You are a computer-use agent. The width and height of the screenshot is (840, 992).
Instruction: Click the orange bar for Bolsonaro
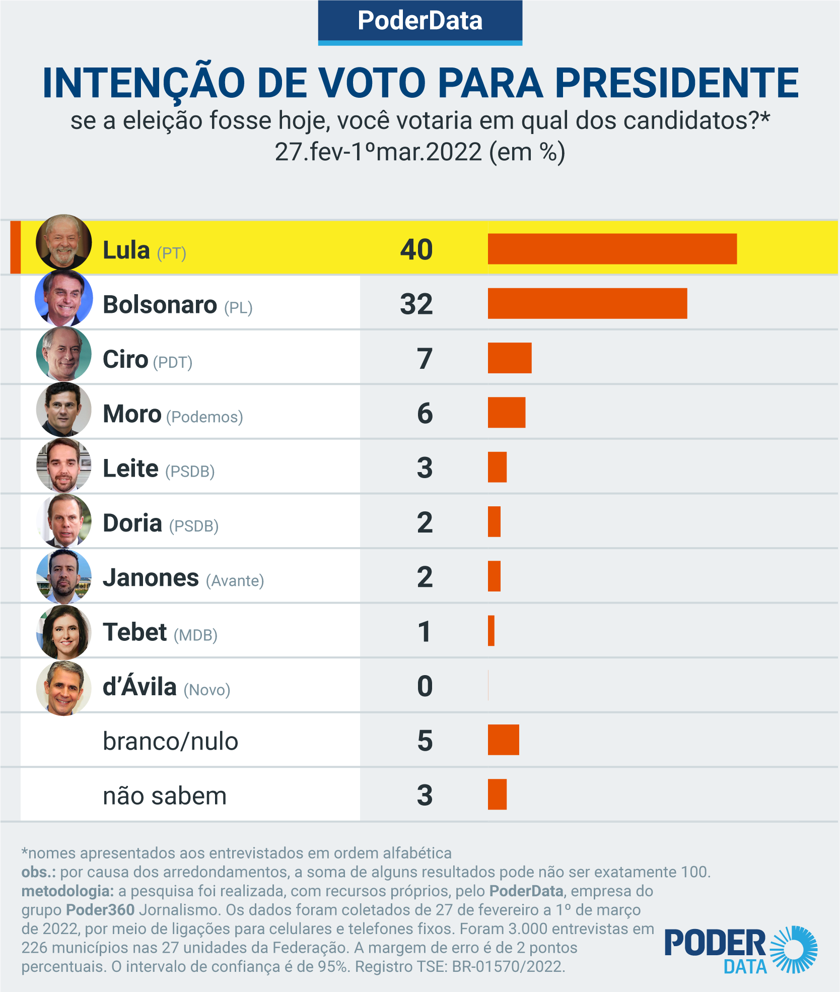[587, 303]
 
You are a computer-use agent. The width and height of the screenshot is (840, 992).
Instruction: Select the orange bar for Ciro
[510, 358]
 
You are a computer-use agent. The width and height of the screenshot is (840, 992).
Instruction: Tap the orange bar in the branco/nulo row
[503, 740]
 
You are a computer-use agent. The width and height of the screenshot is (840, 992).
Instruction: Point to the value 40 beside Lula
[416, 249]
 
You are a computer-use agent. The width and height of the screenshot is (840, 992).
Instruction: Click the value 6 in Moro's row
[425, 413]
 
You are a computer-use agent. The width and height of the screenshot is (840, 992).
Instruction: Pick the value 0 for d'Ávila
[425, 686]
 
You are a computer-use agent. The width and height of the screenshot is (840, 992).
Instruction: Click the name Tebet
[134, 632]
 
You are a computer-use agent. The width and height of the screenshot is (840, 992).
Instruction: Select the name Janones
[151, 577]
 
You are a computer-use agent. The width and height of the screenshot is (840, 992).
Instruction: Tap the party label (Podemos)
[204, 417]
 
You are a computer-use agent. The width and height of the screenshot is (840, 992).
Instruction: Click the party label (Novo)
[206, 690]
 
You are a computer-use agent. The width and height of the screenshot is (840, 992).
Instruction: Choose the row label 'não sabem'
[165, 796]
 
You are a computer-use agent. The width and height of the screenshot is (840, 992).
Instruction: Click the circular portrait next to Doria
[64, 521]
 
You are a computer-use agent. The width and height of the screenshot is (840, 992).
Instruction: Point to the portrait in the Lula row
[64, 242]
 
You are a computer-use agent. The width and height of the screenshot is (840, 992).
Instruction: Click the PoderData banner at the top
[420, 21]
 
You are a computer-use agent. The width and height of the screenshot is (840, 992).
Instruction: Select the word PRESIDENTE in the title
[676, 83]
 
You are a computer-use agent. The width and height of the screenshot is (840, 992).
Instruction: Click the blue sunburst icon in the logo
[794, 949]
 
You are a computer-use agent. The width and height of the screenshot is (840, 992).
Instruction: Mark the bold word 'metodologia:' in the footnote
[67, 891]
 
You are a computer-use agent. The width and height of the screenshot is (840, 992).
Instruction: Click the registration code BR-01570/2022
[508, 967]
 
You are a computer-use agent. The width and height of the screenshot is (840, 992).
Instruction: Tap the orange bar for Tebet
[491, 631]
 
